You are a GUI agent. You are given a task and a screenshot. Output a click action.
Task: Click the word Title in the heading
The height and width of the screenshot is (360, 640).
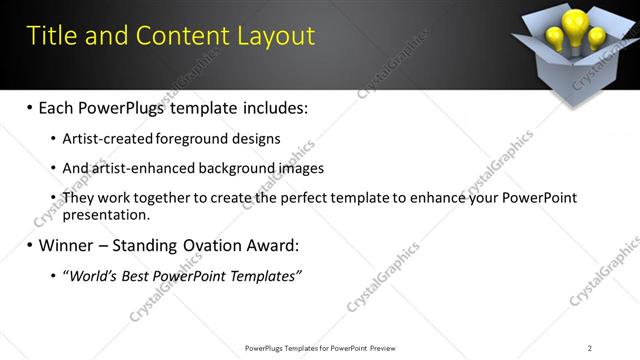coord(53,37)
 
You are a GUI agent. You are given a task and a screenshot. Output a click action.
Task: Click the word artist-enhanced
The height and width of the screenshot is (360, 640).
coord(143,169)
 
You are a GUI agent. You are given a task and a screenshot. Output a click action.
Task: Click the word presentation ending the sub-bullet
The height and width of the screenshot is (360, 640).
coord(105,214)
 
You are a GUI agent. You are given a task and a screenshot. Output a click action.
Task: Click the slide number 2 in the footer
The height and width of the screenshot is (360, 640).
coord(590,348)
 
